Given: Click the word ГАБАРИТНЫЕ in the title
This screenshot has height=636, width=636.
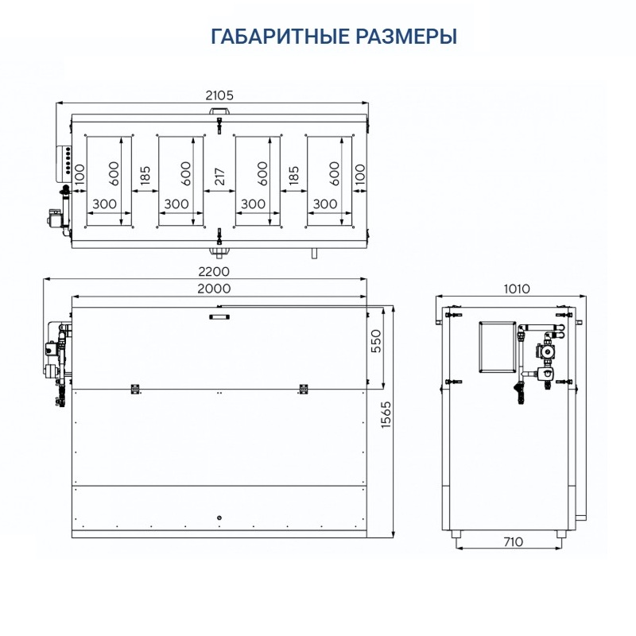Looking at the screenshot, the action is pyautogui.click(x=280, y=37).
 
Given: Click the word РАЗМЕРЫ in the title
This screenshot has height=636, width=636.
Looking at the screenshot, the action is pyautogui.click(x=407, y=37).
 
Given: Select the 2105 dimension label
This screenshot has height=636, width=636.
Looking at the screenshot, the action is pyautogui.click(x=219, y=95).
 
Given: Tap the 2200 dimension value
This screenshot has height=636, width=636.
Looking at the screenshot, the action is pyautogui.click(x=213, y=271).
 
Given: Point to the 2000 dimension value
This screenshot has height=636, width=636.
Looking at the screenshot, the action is pyautogui.click(x=214, y=289).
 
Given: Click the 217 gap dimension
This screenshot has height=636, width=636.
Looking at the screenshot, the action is pyautogui.click(x=219, y=176).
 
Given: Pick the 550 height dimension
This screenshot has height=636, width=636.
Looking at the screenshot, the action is pyautogui.click(x=376, y=341).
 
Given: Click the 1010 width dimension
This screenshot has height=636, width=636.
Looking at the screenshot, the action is pyautogui.click(x=517, y=289).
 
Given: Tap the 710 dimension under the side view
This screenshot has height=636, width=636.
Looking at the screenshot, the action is pyautogui.click(x=513, y=542).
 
